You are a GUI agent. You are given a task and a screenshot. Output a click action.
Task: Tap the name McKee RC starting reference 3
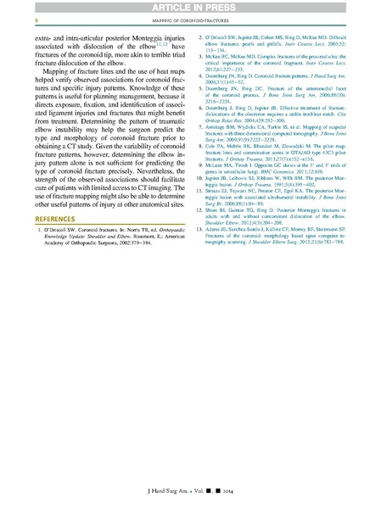222,59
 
